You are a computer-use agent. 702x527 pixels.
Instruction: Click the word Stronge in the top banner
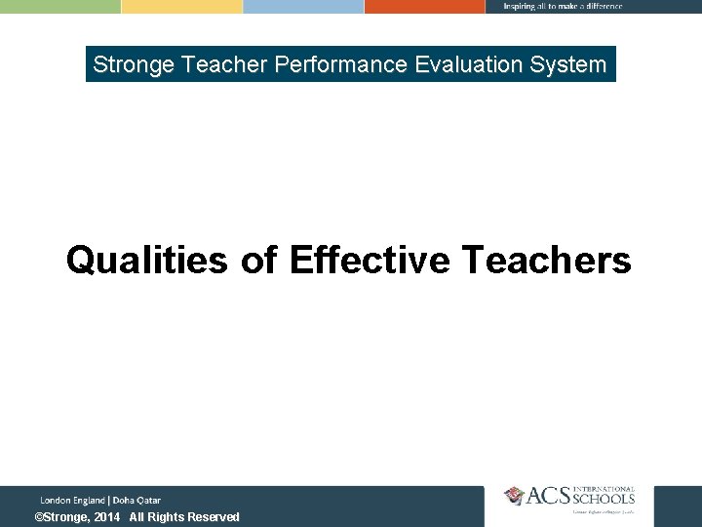(134, 65)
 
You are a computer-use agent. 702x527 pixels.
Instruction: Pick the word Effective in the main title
(370, 261)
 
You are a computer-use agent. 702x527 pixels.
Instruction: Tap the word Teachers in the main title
(546, 261)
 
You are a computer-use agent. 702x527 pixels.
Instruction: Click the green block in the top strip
(59, 6)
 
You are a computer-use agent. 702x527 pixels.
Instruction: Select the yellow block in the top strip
(181, 6)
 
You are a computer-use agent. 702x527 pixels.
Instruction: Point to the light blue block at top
(303, 6)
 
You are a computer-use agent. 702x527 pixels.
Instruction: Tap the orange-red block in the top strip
(424, 6)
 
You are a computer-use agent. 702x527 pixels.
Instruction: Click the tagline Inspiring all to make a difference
(563, 6)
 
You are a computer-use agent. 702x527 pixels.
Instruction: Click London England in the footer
(72, 500)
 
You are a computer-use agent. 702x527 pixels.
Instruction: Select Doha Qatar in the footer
(136, 500)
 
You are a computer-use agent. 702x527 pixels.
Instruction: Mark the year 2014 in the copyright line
(107, 517)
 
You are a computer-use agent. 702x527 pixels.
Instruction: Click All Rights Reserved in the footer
(184, 517)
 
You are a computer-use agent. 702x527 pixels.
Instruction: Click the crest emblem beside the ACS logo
(514, 496)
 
